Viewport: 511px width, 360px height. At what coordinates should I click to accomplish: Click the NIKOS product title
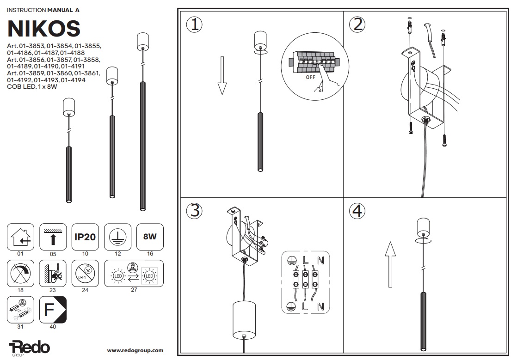(44, 29)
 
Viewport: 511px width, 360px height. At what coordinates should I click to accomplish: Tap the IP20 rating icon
(85, 237)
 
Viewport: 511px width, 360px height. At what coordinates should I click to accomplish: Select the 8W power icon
(150, 237)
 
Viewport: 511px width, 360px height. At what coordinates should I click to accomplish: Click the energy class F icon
(53, 310)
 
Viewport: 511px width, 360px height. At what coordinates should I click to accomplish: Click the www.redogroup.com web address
(135, 351)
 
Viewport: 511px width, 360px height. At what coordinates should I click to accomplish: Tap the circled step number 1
(194, 24)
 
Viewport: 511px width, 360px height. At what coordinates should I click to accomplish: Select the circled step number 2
(357, 24)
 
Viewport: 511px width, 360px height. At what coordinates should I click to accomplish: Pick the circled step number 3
(194, 211)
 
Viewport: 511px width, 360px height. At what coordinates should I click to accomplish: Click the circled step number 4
(357, 211)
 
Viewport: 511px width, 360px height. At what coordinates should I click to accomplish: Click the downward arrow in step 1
(222, 75)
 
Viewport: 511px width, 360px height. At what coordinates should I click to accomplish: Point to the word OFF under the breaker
(310, 78)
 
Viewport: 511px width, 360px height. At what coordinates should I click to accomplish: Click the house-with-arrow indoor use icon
(21, 237)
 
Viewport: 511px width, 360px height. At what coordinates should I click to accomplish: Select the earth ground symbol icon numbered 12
(117, 237)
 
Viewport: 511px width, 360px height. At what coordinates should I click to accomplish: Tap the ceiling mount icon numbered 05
(53, 237)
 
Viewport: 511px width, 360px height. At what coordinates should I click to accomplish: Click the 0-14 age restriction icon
(85, 273)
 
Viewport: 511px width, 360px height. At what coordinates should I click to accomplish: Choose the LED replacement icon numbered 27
(131, 274)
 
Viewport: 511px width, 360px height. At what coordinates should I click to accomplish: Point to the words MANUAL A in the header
(63, 9)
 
